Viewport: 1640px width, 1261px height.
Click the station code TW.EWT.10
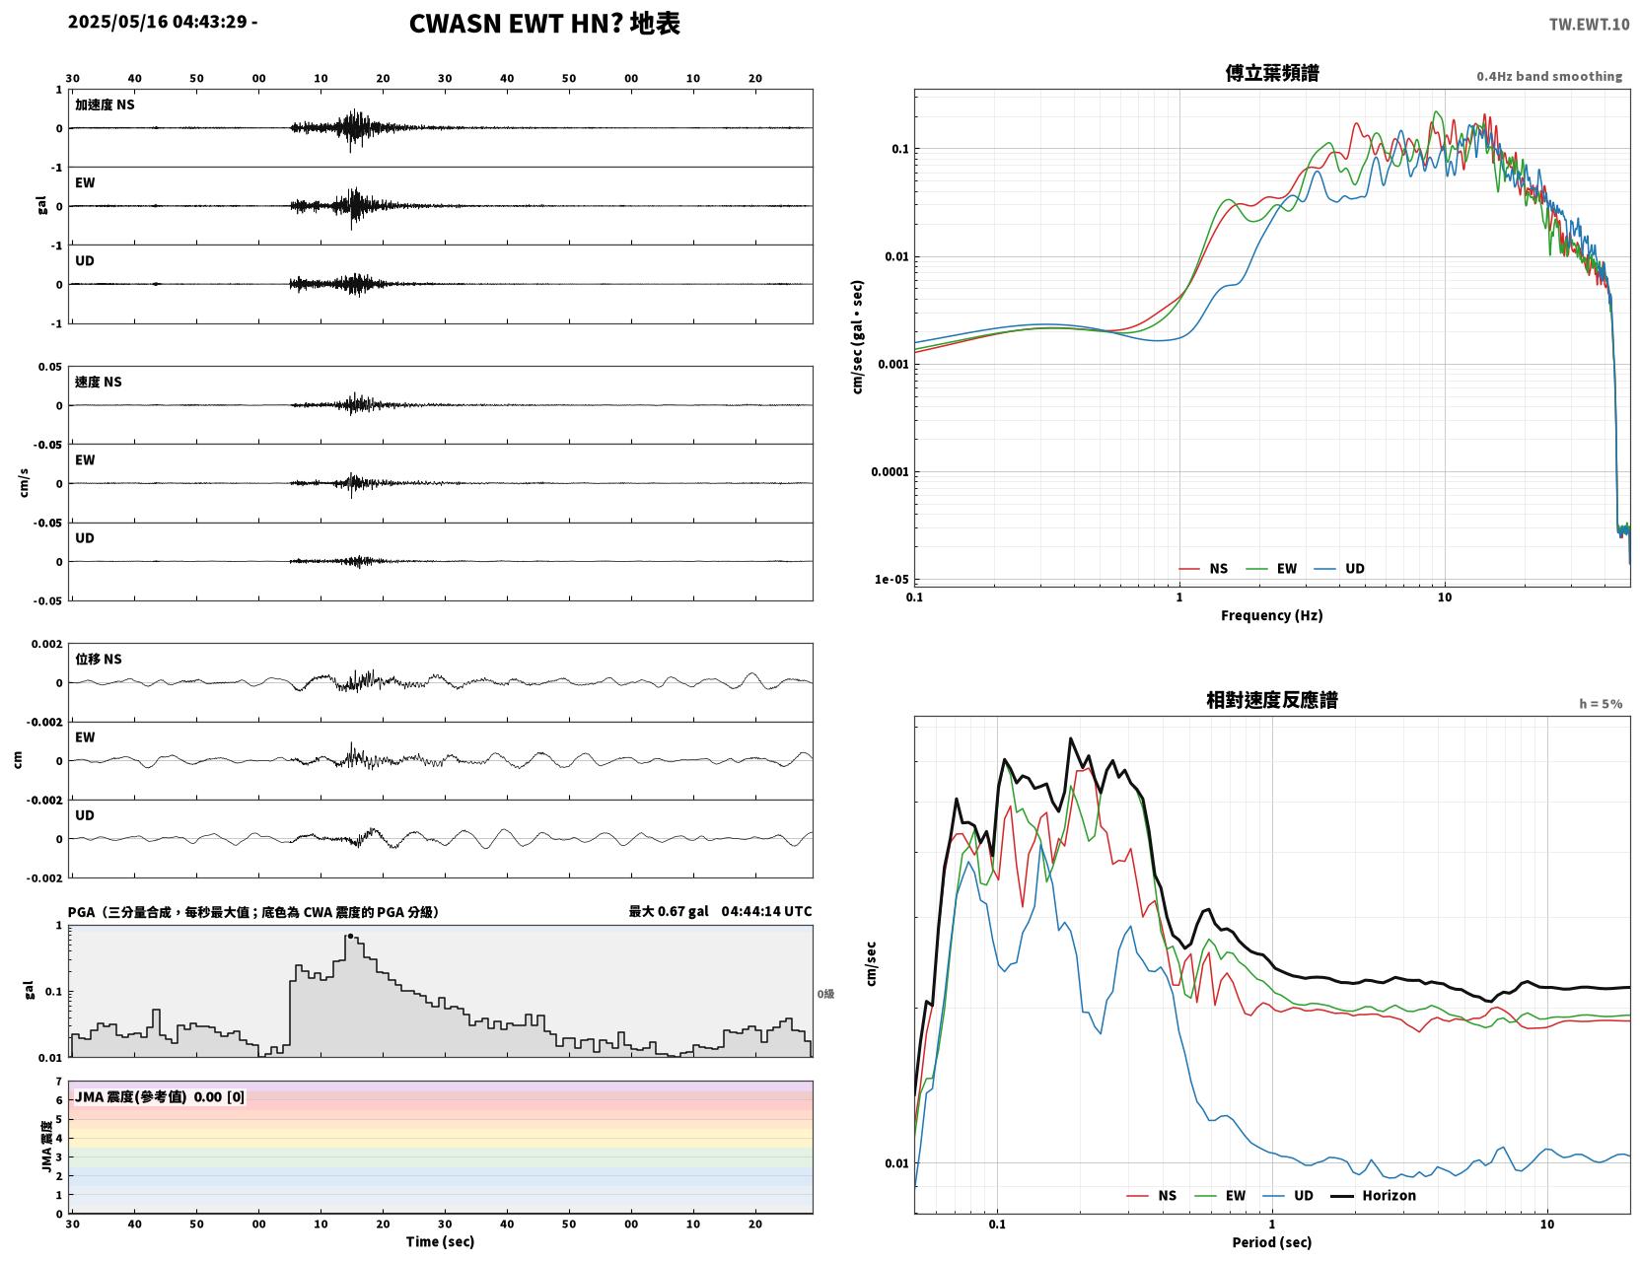(x=1589, y=24)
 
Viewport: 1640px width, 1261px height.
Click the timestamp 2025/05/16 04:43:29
(x=158, y=22)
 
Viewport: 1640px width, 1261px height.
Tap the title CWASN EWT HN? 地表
(x=544, y=24)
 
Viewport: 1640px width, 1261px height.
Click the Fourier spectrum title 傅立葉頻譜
(x=1272, y=73)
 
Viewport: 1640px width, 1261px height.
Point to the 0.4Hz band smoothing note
(x=1548, y=76)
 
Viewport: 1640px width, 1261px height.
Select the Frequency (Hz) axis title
(x=1272, y=615)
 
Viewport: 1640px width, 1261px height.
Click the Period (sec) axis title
(x=1272, y=1242)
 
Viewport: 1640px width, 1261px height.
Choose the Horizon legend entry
(x=1373, y=1195)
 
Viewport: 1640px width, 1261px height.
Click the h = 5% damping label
(x=1600, y=704)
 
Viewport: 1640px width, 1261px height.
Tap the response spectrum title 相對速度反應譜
(x=1272, y=700)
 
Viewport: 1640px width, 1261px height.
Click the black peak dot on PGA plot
(x=350, y=936)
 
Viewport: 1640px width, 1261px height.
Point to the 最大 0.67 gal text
(x=669, y=911)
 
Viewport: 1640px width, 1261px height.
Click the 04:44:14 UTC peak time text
(x=767, y=911)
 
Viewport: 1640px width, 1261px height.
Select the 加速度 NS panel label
(x=105, y=105)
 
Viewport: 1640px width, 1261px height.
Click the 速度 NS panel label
(x=98, y=382)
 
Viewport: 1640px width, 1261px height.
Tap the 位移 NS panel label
(x=98, y=659)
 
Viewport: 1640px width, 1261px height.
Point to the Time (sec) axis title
(x=440, y=1241)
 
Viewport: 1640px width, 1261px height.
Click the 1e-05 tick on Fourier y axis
(x=891, y=579)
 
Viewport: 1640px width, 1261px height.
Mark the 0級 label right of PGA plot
(x=825, y=994)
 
